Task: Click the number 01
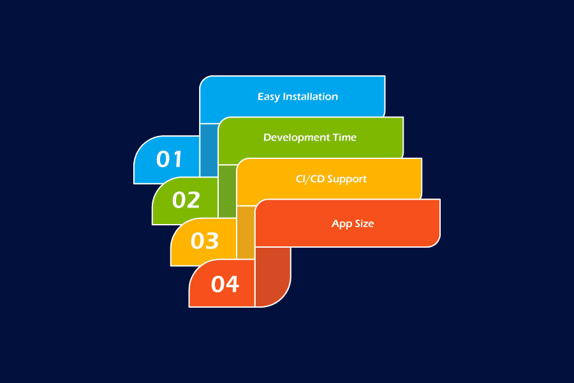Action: tap(169, 159)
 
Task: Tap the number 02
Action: tap(186, 200)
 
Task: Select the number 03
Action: tap(205, 241)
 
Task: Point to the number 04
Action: tap(225, 284)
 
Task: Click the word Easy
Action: tap(269, 97)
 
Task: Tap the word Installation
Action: tap(311, 96)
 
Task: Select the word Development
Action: tap(297, 138)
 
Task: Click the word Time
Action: tap(344, 137)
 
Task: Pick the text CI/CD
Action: tap(310, 179)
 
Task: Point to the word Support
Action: tap(347, 179)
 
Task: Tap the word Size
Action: tap(364, 223)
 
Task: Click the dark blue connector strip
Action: tap(209, 150)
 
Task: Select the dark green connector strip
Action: tap(227, 191)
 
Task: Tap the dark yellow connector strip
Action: tap(246, 232)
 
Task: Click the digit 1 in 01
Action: tap(177, 159)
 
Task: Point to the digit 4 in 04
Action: tap(232, 284)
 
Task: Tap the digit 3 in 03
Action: tap(212, 241)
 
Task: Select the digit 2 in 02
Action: tap(194, 200)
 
